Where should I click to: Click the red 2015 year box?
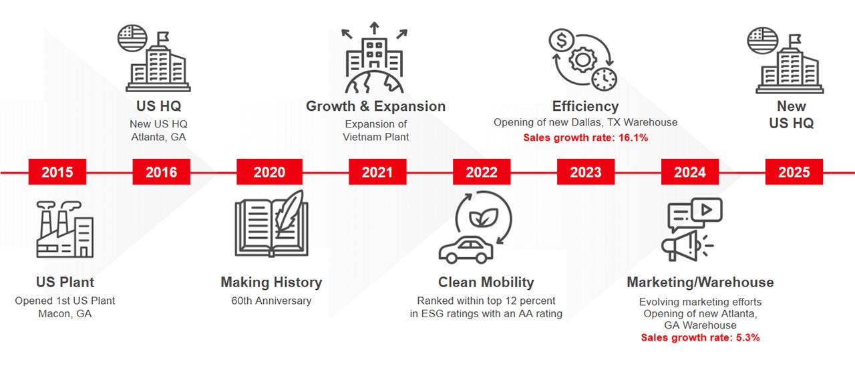pyautogui.click(x=57, y=172)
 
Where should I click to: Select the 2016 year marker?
pyautogui.click(x=162, y=172)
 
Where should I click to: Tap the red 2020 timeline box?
pyautogui.click(x=269, y=172)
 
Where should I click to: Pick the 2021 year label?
pyautogui.click(x=377, y=172)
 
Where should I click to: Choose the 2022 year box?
pyautogui.click(x=482, y=172)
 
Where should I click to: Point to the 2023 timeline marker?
pyautogui.click(x=586, y=172)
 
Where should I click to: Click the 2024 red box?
pyautogui.click(x=690, y=172)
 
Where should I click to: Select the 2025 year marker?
pyautogui.click(x=794, y=172)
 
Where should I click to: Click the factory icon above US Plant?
pyautogui.click(x=65, y=230)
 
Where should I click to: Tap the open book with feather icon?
pyautogui.click(x=272, y=224)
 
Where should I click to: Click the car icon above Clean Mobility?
pyautogui.click(x=466, y=250)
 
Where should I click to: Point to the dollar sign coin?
pyautogui.click(x=561, y=40)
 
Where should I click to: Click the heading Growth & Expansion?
pyautogui.click(x=375, y=106)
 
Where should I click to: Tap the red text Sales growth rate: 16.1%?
pyautogui.click(x=586, y=138)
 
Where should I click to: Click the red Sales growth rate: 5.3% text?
pyautogui.click(x=701, y=337)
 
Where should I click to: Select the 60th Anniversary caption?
pyautogui.click(x=271, y=301)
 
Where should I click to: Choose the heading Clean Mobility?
pyautogui.click(x=486, y=282)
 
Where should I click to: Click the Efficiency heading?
pyautogui.click(x=586, y=106)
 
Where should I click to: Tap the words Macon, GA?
pyautogui.click(x=65, y=314)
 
